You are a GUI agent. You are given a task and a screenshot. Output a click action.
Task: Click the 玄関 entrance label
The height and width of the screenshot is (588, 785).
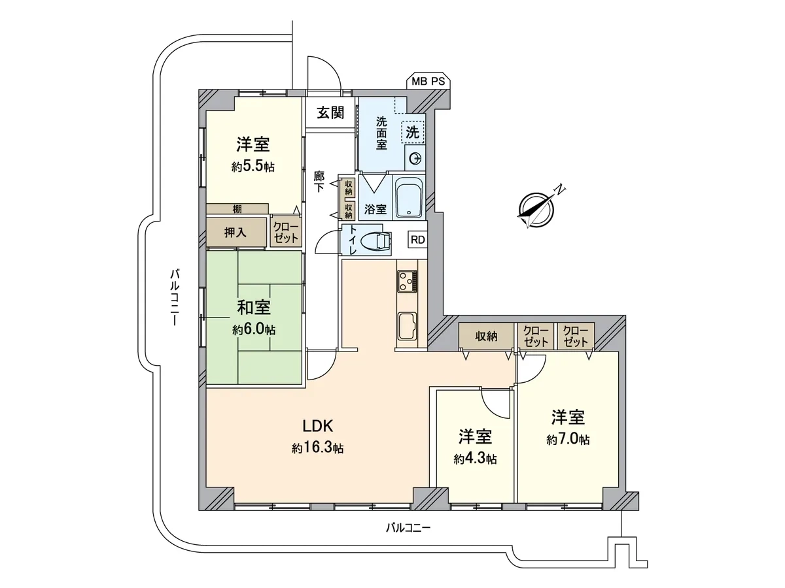pyautogui.click(x=330, y=113)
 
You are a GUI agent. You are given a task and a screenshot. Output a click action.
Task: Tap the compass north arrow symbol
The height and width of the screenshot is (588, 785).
pyautogui.click(x=536, y=209)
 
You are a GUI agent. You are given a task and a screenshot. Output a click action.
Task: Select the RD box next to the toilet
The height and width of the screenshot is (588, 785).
pyautogui.click(x=417, y=240)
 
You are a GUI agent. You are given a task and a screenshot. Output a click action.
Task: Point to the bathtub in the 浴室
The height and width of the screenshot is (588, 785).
pyautogui.click(x=408, y=198)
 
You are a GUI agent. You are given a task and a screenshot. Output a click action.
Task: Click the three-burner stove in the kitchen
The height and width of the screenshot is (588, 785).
pyautogui.click(x=408, y=282)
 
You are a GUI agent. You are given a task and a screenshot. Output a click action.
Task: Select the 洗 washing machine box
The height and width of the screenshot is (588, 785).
pyautogui.click(x=413, y=133)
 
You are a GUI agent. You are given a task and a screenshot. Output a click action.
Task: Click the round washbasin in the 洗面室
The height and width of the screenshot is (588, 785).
pyautogui.click(x=415, y=159)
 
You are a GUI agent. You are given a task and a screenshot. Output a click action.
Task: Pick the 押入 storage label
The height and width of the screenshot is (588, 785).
pyautogui.click(x=235, y=233)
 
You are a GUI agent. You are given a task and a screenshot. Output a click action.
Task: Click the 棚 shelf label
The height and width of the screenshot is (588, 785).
pyautogui.click(x=237, y=209)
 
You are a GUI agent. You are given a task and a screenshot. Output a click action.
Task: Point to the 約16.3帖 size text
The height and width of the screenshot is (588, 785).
pyautogui.click(x=317, y=448)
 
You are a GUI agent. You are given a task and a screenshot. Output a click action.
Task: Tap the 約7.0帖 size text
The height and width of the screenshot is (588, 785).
pyautogui.click(x=568, y=440)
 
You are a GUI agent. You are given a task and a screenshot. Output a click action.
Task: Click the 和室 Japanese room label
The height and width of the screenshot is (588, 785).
pyautogui.click(x=254, y=307)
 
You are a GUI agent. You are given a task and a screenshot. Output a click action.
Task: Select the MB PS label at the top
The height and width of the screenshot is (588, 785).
pyautogui.click(x=428, y=82)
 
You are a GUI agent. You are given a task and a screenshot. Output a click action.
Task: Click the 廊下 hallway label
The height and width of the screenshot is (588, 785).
pyautogui.click(x=319, y=182)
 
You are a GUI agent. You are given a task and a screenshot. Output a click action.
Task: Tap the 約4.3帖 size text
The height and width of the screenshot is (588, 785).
pyautogui.click(x=476, y=459)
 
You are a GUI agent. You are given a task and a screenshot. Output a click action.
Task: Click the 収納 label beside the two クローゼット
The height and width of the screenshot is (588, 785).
pyautogui.click(x=487, y=336)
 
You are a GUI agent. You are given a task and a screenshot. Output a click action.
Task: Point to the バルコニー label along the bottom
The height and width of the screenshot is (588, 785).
pyautogui.click(x=408, y=527)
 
